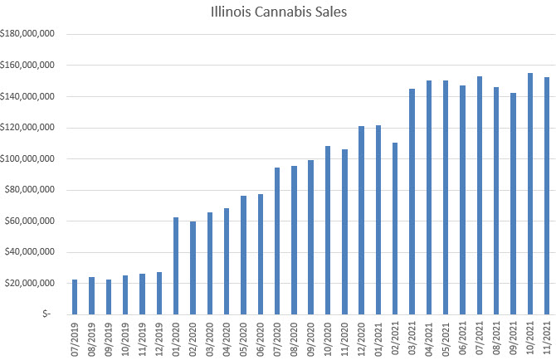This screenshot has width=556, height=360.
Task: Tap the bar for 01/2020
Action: point(176,265)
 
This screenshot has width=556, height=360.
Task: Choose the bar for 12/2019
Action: point(159,294)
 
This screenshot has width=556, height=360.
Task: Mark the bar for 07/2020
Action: point(277,241)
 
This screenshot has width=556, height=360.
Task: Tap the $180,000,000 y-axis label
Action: point(28,34)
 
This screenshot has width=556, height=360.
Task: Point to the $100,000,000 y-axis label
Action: point(28,158)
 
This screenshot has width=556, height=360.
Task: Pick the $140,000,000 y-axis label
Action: point(28,96)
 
